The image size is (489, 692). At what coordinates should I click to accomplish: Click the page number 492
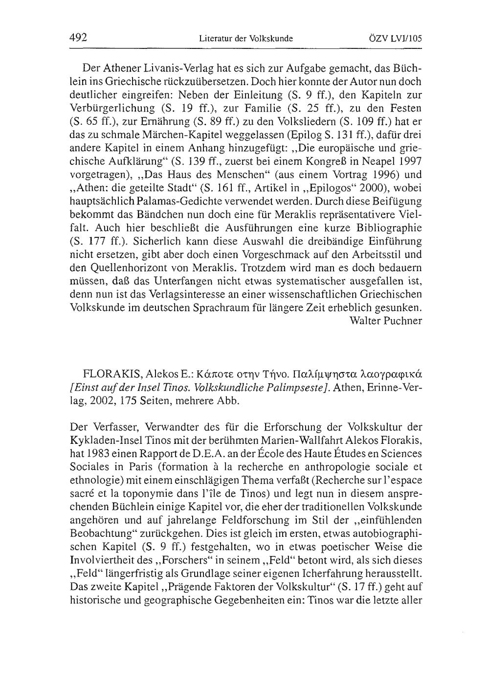coord(78,37)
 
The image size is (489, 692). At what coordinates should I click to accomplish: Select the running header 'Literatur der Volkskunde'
coord(245,38)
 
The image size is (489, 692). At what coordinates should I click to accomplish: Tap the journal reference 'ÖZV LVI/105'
coord(397,38)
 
